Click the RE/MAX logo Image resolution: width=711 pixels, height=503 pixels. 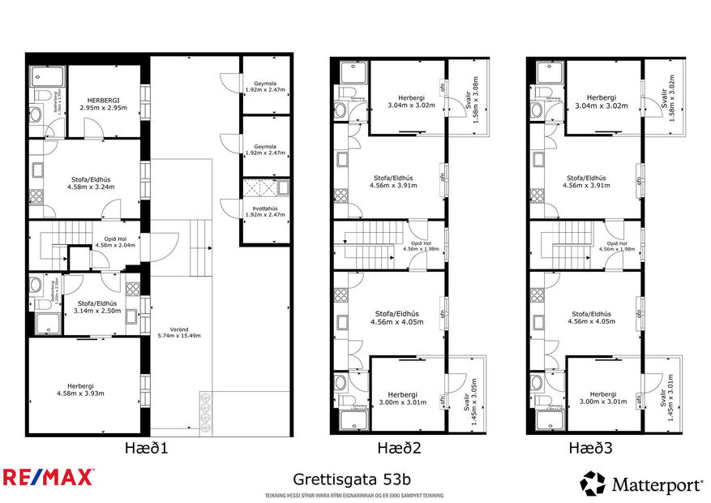coord(48,476)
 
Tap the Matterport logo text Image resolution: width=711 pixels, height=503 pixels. coord(657,485)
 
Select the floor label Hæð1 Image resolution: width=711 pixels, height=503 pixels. coord(148,447)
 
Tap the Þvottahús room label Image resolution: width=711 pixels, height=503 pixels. coord(266,211)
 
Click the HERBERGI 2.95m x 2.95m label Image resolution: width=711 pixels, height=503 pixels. coord(104,103)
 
